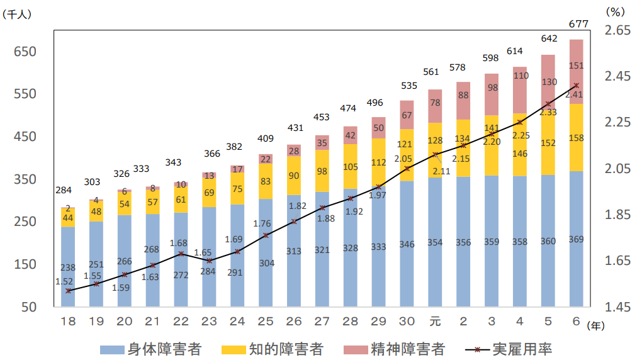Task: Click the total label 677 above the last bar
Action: pyautogui.click(x=577, y=25)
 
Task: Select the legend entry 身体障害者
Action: pyautogui.click(x=151, y=349)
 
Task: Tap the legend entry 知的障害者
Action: pyautogui.click(x=273, y=349)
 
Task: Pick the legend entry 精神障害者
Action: pyautogui.click(x=394, y=349)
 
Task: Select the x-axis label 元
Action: pyautogui.click(x=435, y=321)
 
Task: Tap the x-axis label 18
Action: pyautogui.click(x=68, y=321)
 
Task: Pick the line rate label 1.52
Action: pyautogui.click(x=64, y=281)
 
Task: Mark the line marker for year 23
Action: pyautogui.click(x=209, y=261)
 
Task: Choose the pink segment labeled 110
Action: pyautogui.click(x=520, y=76)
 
